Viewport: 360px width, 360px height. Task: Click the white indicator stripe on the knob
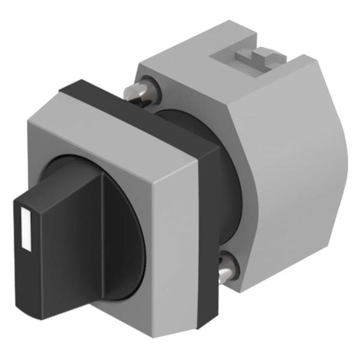click(x=25, y=227)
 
